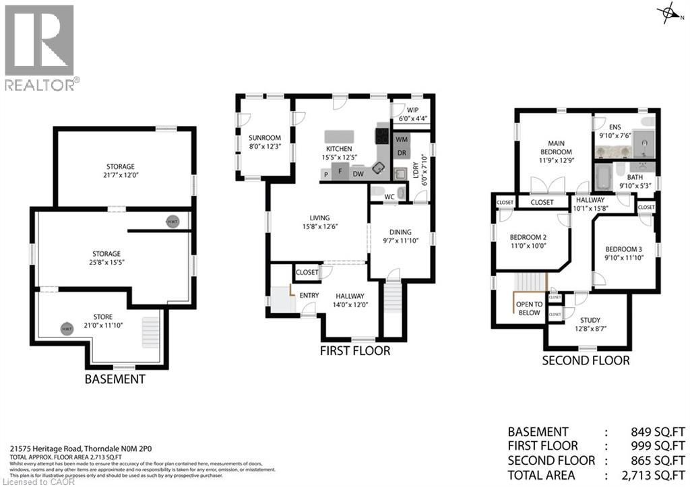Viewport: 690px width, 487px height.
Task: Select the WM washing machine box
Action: point(402,140)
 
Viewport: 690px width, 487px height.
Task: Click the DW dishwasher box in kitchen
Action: point(359,173)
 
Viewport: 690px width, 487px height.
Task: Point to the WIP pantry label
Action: point(413,110)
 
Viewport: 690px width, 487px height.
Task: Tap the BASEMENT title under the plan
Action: point(115,379)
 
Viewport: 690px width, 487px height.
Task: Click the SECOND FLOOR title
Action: point(586,360)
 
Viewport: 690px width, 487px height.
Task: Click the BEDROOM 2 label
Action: point(528,236)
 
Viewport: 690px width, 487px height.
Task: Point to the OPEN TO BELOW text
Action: point(529,309)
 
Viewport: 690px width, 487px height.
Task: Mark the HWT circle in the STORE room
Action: point(67,329)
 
